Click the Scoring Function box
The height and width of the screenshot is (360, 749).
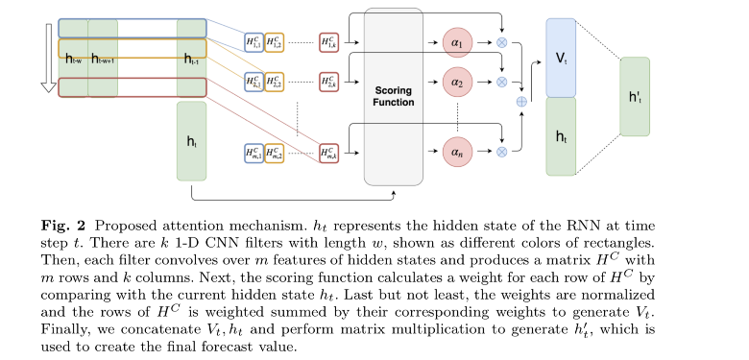click(x=394, y=96)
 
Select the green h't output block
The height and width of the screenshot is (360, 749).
click(x=635, y=95)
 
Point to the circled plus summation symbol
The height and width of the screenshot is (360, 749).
click(x=521, y=101)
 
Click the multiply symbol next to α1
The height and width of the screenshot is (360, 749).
click(x=500, y=43)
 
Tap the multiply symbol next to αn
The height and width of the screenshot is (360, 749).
click(x=500, y=151)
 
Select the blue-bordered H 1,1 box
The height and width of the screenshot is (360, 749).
click(x=253, y=42)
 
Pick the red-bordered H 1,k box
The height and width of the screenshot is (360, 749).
click(x=330, y=42)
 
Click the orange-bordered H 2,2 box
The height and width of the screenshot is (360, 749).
click(x=275, y=82)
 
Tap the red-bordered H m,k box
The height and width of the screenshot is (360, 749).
click(x=330, y=151)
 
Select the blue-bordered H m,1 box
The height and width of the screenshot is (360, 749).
click(x=253, y=151)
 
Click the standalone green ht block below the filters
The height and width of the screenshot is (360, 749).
click(x=192, y=141)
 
